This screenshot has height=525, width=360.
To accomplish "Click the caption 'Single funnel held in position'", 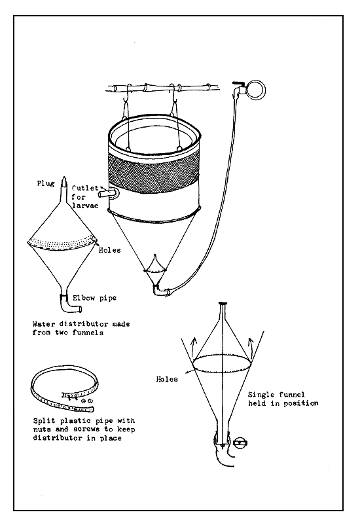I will [x=282, y=399].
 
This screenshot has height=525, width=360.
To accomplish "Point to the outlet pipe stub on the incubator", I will [x=111, y=194].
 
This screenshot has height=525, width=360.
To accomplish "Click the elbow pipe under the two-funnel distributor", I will [x=63, y=304].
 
